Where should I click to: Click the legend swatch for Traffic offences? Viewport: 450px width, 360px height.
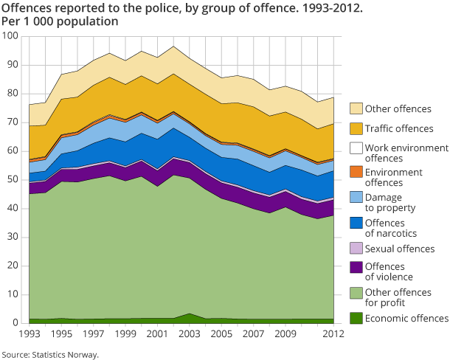[x=356, y=128]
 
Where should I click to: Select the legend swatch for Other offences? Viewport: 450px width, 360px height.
[x=356, y=108]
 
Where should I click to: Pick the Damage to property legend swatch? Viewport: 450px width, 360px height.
[x=356, y=197]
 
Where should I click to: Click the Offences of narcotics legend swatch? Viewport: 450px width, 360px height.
[x=356, y=223]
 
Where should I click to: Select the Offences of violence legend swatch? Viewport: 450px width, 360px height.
[x=356, y=268]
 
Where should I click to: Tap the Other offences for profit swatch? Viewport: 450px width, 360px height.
[x=356, y=293]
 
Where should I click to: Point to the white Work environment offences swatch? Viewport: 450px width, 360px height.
[x=356, y=148]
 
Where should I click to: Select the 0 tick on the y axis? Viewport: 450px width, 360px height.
[x=15, y=323]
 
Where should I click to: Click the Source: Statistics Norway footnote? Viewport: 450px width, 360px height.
[x=49, y=354]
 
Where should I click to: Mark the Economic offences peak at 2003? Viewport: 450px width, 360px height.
[x=190, y=314]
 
